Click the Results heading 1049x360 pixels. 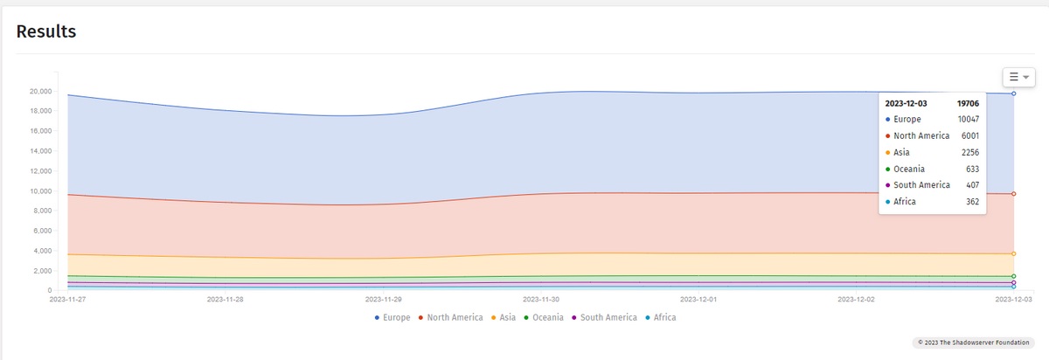click(x=46, y=31)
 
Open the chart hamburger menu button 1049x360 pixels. click(x=1018, y=77)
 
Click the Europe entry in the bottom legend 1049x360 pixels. click(x=393, y=317)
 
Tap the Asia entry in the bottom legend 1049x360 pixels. click(x=504, y=317)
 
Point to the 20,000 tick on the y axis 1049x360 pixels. click(x=39, y=91)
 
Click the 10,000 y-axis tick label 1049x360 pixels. click(x=39, y=191)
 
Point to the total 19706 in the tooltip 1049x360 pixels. click(x=968, y=103)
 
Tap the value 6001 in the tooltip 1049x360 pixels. click(x=969, y=135)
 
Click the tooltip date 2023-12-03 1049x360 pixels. click(x=906, y=103)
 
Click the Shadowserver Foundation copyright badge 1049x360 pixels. click(x=973, y=343)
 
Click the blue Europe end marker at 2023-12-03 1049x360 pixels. click(x=1013, y=93)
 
